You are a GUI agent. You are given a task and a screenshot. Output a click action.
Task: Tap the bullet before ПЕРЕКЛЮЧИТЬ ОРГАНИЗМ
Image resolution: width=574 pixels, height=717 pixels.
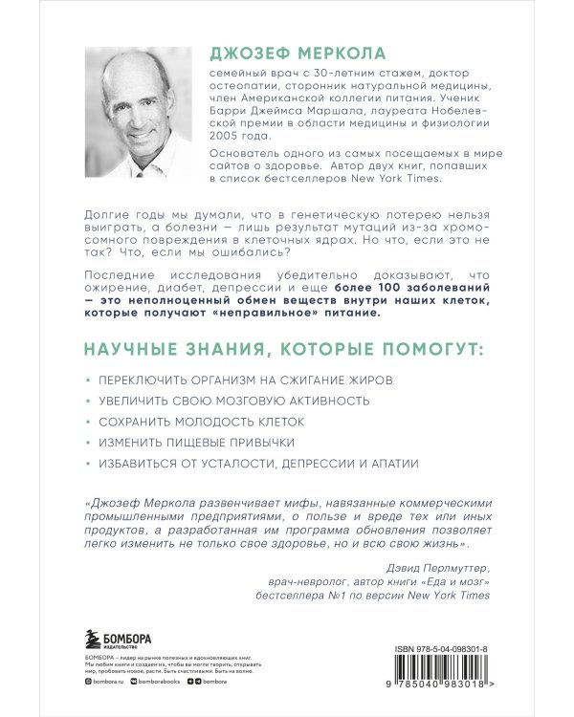(x=87, y=380)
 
